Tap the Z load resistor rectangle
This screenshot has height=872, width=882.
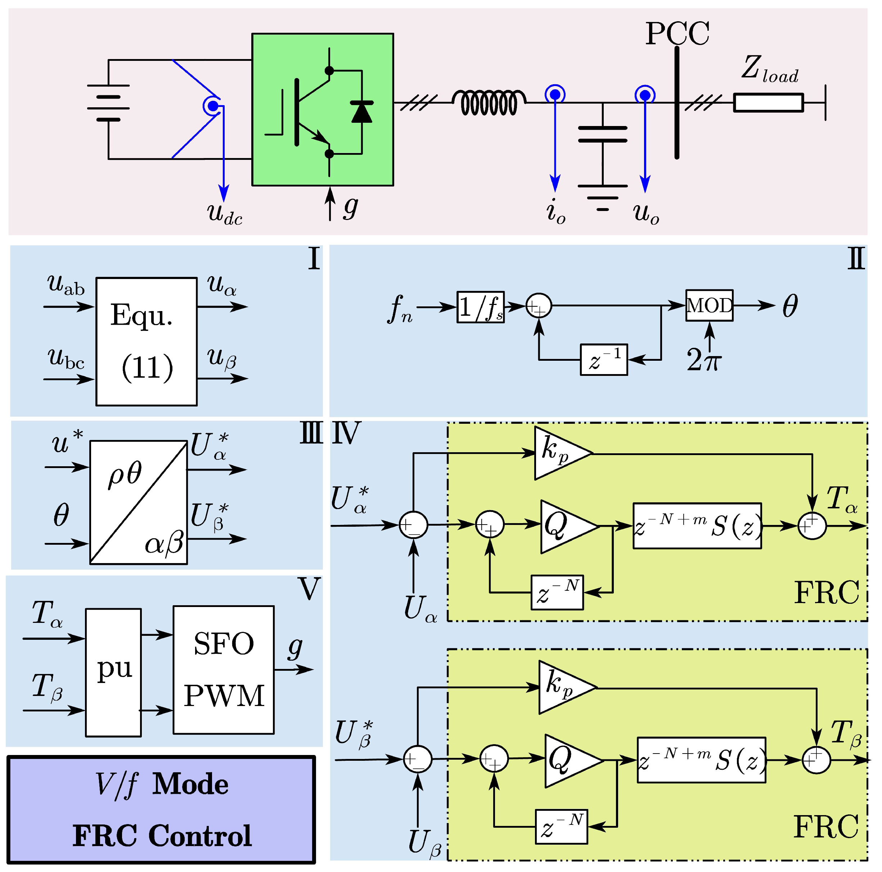tap(768, 103)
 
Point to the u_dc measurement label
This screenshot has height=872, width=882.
tap(225, 213)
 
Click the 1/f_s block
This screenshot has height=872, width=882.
tap(480, 307)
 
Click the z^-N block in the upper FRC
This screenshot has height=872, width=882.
tap(557, 593)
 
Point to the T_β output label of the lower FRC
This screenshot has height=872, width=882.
tap(846, 734)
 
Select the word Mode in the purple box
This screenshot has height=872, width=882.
tap(190, 785)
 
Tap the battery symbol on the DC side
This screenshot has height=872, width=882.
tap(108, 103)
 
